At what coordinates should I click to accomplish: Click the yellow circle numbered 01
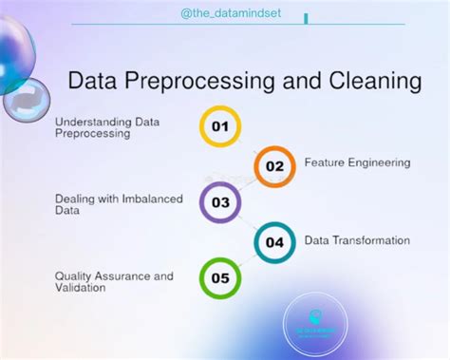pyautogui.click(x=220, y=126)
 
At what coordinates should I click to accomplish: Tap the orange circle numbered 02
pyautogui.click(x=274, y=165)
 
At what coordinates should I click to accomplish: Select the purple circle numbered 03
pyautogui.click(x=220, y=202)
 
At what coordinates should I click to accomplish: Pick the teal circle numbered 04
pyautogui.click(x=274, y=241)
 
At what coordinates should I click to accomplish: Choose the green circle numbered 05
pyautogui.click(x=220, y=278)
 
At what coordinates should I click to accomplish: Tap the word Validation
pyautogui.click(x=80, y=287)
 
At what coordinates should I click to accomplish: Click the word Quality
pyautogui.click(x=74, y=275)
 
